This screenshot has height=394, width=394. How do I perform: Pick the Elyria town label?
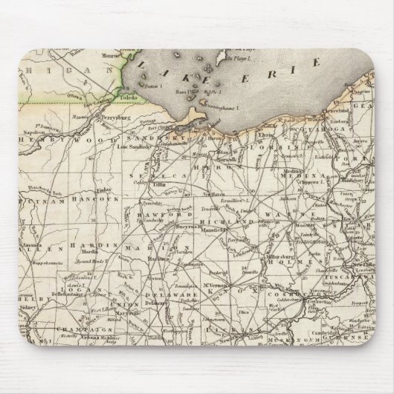pos(265,137)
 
